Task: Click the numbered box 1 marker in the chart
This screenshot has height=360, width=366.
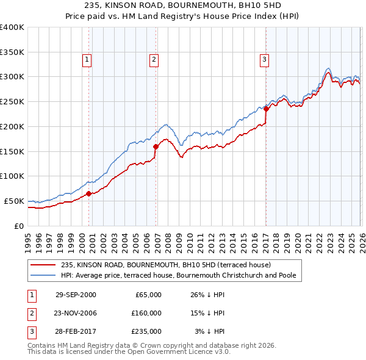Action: (x=88, y=60)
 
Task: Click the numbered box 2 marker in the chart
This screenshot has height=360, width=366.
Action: (x=154, y=60)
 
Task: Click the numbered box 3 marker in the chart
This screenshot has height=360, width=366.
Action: (x=264, y=60)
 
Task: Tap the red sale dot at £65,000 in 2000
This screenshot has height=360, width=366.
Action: (x=89, y=193)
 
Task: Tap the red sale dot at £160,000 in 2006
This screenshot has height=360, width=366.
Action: (x=156, y=146)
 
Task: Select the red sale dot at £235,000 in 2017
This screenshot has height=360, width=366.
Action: (x=266, y=109)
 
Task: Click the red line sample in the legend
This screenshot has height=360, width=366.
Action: (x=42, y=265)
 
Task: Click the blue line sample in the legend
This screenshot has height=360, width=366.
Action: (x=42, y=276)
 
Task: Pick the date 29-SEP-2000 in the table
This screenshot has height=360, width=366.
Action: (x=76, y=295)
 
